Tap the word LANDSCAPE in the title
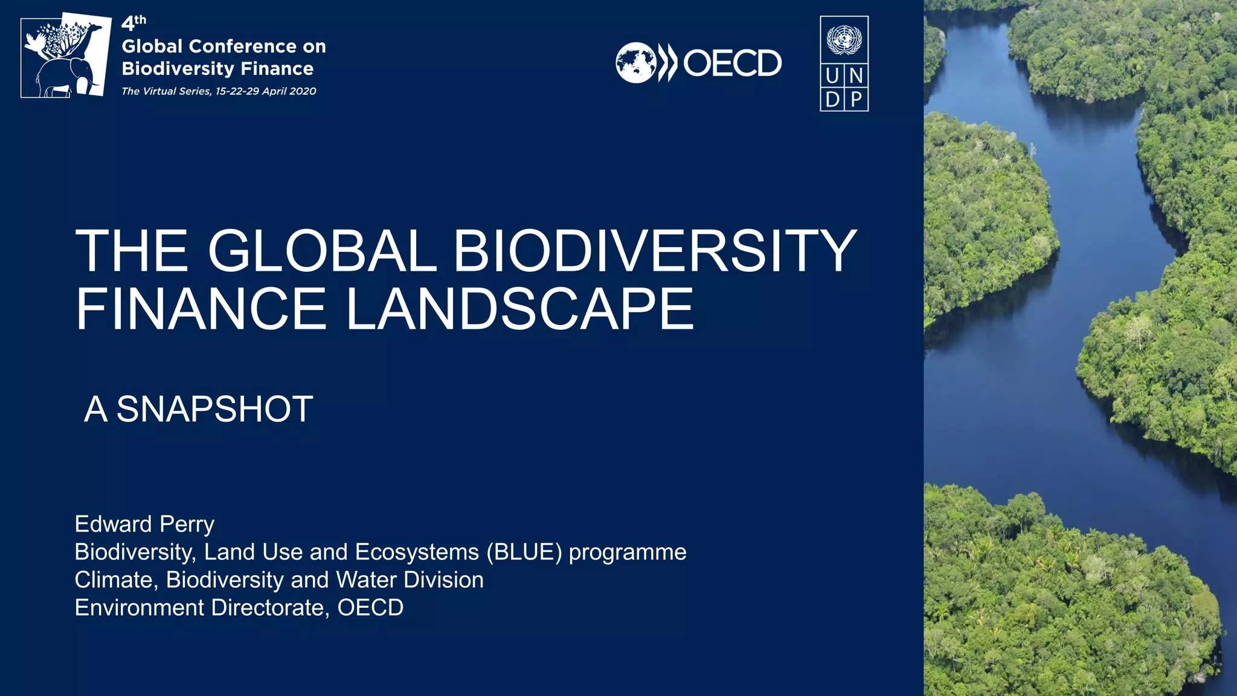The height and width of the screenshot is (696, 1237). click(519, 309)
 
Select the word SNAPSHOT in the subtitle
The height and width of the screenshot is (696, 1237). click(214, 409)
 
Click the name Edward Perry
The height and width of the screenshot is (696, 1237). click(144, 524)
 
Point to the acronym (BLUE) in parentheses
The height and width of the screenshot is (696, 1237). click(524, 552)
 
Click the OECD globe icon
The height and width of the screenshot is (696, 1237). click(635, 63)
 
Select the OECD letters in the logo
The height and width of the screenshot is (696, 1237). click(732, 63)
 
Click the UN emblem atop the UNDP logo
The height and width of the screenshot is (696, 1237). click(844, 39)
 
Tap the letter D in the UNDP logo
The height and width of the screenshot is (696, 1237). click(832, 99)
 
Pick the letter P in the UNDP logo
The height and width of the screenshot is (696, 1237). click(856, 99)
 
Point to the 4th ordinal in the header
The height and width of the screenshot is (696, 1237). click(133, 23)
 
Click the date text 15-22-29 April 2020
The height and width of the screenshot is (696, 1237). click(266, 91)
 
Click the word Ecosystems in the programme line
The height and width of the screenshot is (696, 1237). click(417, 552)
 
